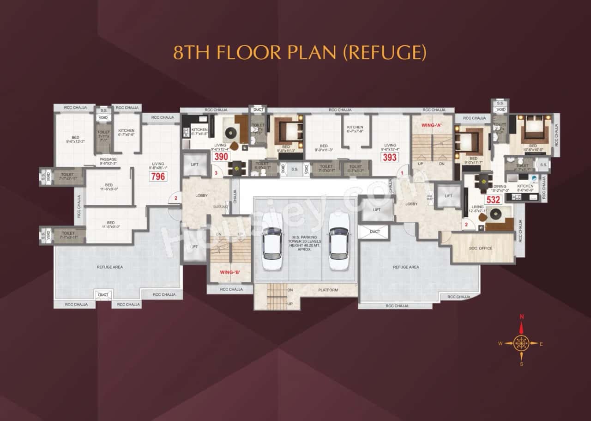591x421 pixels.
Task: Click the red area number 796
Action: (x=158, y=176)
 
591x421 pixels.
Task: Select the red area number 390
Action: (x=221, y=157)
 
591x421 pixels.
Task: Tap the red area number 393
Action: (x=389, y=157)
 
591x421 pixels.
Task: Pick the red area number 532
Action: (x=493, y=200)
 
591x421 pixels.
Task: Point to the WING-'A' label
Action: (x=431, y=124)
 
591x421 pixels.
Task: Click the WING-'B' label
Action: (x=229, y=272)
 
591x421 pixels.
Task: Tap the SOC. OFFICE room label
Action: (x=481, y=248)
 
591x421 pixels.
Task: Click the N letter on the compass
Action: (x=522, y=317)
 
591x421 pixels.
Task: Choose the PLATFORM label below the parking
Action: (x=328, y=290)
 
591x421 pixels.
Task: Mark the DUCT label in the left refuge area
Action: (x=103, y=294)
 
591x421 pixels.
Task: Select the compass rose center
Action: (x=522, y=343)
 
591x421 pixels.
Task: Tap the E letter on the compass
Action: (x=541, y=343)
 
